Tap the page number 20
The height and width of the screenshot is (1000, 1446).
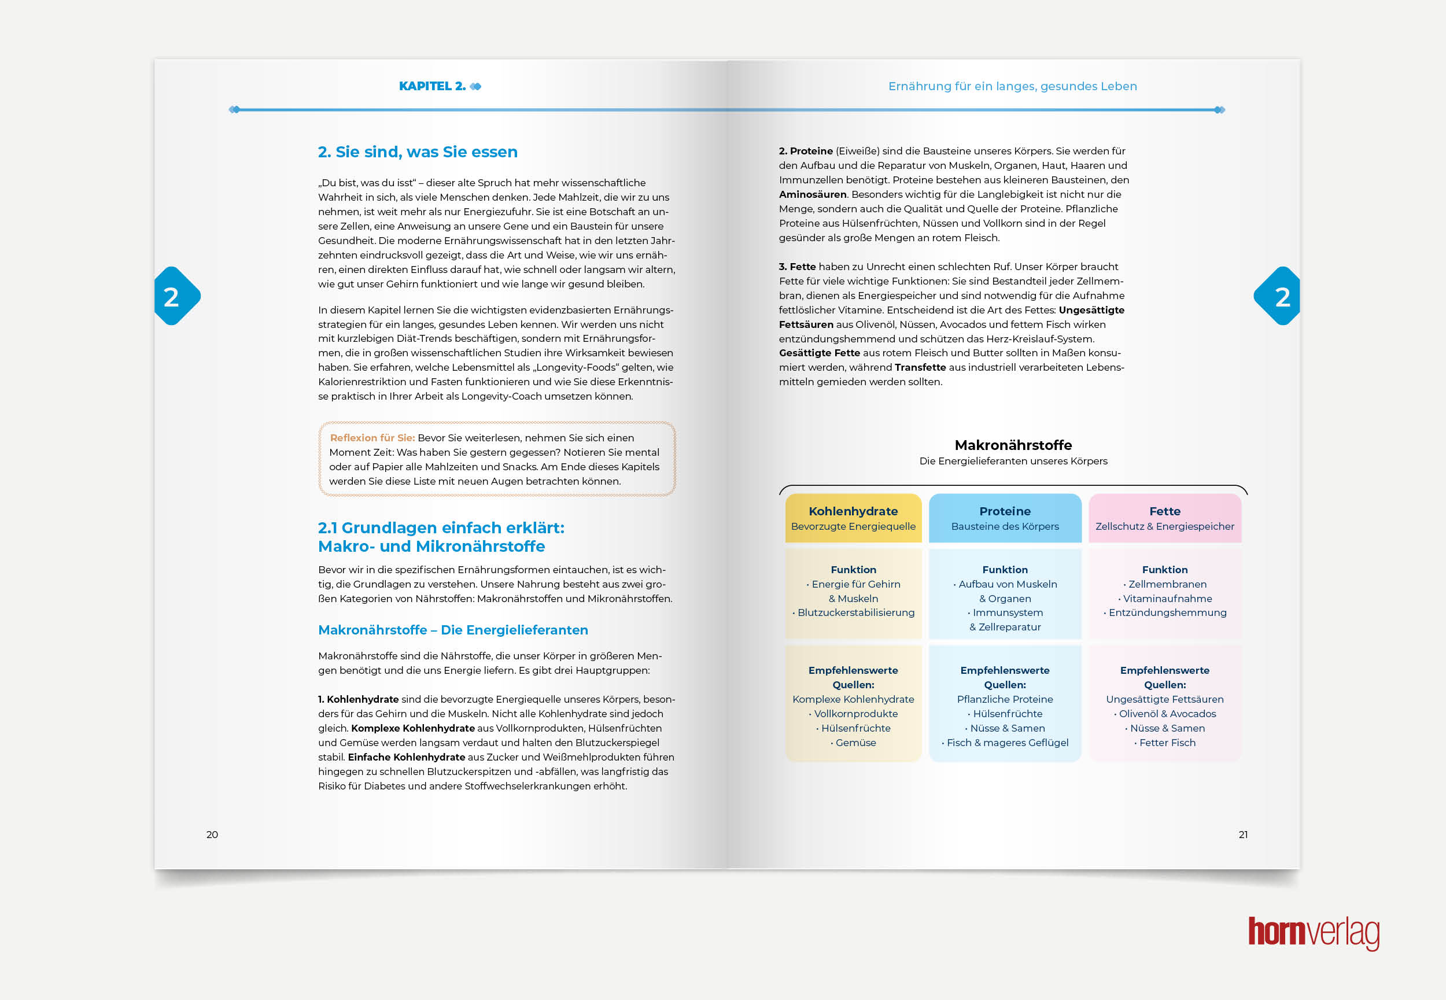212,835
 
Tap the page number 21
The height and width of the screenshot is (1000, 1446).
1243,835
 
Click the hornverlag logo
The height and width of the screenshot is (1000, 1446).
1313,933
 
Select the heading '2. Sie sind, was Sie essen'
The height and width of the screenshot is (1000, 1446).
417,152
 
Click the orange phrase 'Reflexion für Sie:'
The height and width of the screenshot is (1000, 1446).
372,438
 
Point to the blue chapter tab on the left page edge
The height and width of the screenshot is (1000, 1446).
175,296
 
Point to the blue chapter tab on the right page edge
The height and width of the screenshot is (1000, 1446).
1279,296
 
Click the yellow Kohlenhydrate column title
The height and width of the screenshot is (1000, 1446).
853,511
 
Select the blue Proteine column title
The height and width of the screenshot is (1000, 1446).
1004,511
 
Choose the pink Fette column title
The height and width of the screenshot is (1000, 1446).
1164,511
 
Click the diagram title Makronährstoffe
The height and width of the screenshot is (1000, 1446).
1013,445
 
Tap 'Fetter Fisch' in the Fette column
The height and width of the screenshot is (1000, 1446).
1167,743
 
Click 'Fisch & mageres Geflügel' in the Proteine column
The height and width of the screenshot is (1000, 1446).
1007,743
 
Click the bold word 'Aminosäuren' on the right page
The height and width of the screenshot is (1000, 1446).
813,194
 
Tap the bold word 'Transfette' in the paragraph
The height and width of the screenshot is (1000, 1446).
920,367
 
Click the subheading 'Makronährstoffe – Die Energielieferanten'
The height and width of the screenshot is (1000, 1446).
453,630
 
